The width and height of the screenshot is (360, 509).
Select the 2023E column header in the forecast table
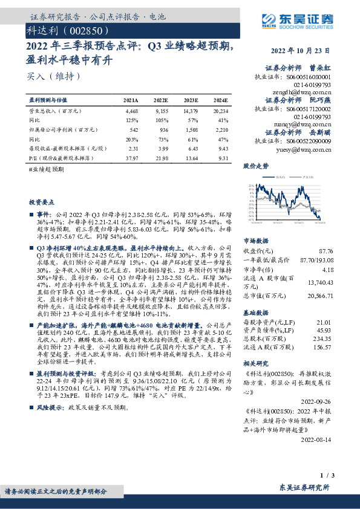click(x=191, y=100)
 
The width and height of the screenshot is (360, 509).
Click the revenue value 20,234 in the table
click(x=220, y=112)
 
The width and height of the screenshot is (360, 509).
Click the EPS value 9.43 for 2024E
click(x=222, y=148)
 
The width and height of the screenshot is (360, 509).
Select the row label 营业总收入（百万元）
click(x=55, y=112)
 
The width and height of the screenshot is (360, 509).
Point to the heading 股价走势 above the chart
click(x=256, y=165)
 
